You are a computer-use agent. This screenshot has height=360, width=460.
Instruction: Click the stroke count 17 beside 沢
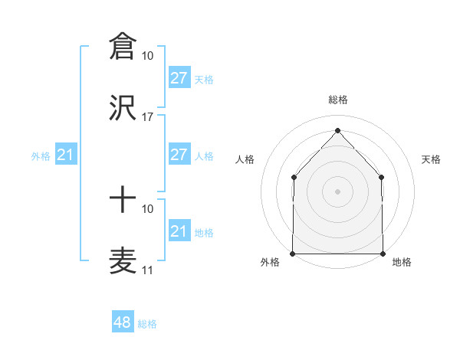(x=148, y=117)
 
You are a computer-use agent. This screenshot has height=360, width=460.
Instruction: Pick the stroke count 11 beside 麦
(x=148, y=270)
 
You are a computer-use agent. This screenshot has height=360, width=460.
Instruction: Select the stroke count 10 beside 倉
(x=148, y=56)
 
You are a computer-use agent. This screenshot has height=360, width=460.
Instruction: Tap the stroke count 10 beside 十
(x=148, y=208)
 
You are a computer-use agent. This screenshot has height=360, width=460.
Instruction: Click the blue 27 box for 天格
(x=179, y=78)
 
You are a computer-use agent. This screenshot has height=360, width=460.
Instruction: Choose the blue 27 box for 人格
(x=179, y=155)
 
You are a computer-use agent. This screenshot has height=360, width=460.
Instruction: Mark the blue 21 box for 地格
(x=179, y=231)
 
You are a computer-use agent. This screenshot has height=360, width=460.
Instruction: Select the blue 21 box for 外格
(x=66, y=155)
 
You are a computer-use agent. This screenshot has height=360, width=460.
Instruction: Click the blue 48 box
(x=123, y=322)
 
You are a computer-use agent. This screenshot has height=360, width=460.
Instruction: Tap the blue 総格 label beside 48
(x=147, y=324)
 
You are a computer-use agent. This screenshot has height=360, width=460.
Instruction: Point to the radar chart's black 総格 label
(x=337, y=100)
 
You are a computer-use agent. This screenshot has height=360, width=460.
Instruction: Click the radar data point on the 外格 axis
(x=293, y=253)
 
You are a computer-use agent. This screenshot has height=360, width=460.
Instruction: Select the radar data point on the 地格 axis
(x=383, y=253)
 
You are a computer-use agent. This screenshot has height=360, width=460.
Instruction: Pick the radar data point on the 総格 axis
(x=337, y=130)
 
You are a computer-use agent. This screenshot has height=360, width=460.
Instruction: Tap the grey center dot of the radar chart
(x=337, y=191)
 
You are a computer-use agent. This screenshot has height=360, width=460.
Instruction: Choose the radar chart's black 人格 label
(x=245, y=159)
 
